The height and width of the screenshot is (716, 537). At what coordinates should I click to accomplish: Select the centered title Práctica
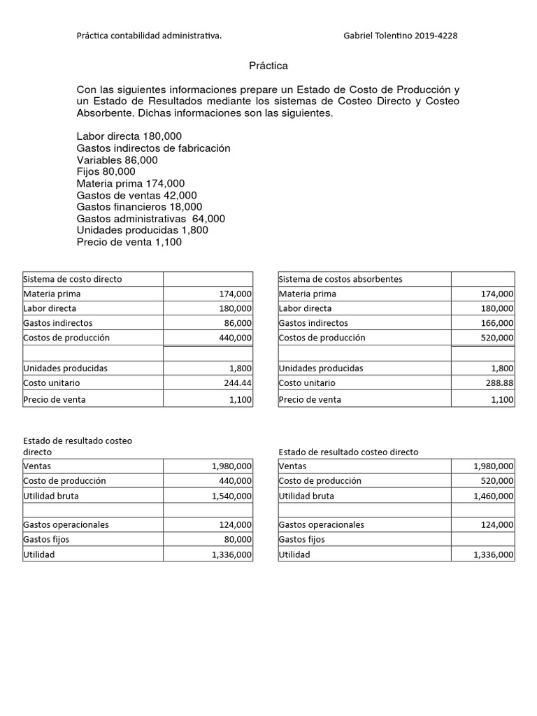point(268,66)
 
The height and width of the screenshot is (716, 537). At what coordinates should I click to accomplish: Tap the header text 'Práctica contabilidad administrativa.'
point(149,36)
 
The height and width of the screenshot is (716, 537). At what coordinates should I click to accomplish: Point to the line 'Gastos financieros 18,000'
point(139,207)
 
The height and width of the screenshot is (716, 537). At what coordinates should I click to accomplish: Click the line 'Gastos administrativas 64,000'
point(150,219)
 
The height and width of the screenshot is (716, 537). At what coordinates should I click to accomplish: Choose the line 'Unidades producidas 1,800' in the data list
point(142,230)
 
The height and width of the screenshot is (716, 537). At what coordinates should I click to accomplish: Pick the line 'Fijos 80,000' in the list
point(106,171)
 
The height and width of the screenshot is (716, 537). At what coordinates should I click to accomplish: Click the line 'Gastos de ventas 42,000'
point(136,195)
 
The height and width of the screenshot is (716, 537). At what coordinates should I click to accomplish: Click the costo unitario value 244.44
point(238,383)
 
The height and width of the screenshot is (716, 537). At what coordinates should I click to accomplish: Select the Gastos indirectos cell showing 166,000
point(496,323)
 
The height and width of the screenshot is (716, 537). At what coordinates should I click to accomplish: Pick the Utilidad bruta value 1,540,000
point(231,496)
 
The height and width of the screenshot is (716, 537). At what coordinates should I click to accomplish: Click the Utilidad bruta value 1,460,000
point(493,496)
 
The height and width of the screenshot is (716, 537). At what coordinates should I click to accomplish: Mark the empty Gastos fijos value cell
point(482,539)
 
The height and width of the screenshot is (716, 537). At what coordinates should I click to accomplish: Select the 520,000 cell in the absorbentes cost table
point(496,338)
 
